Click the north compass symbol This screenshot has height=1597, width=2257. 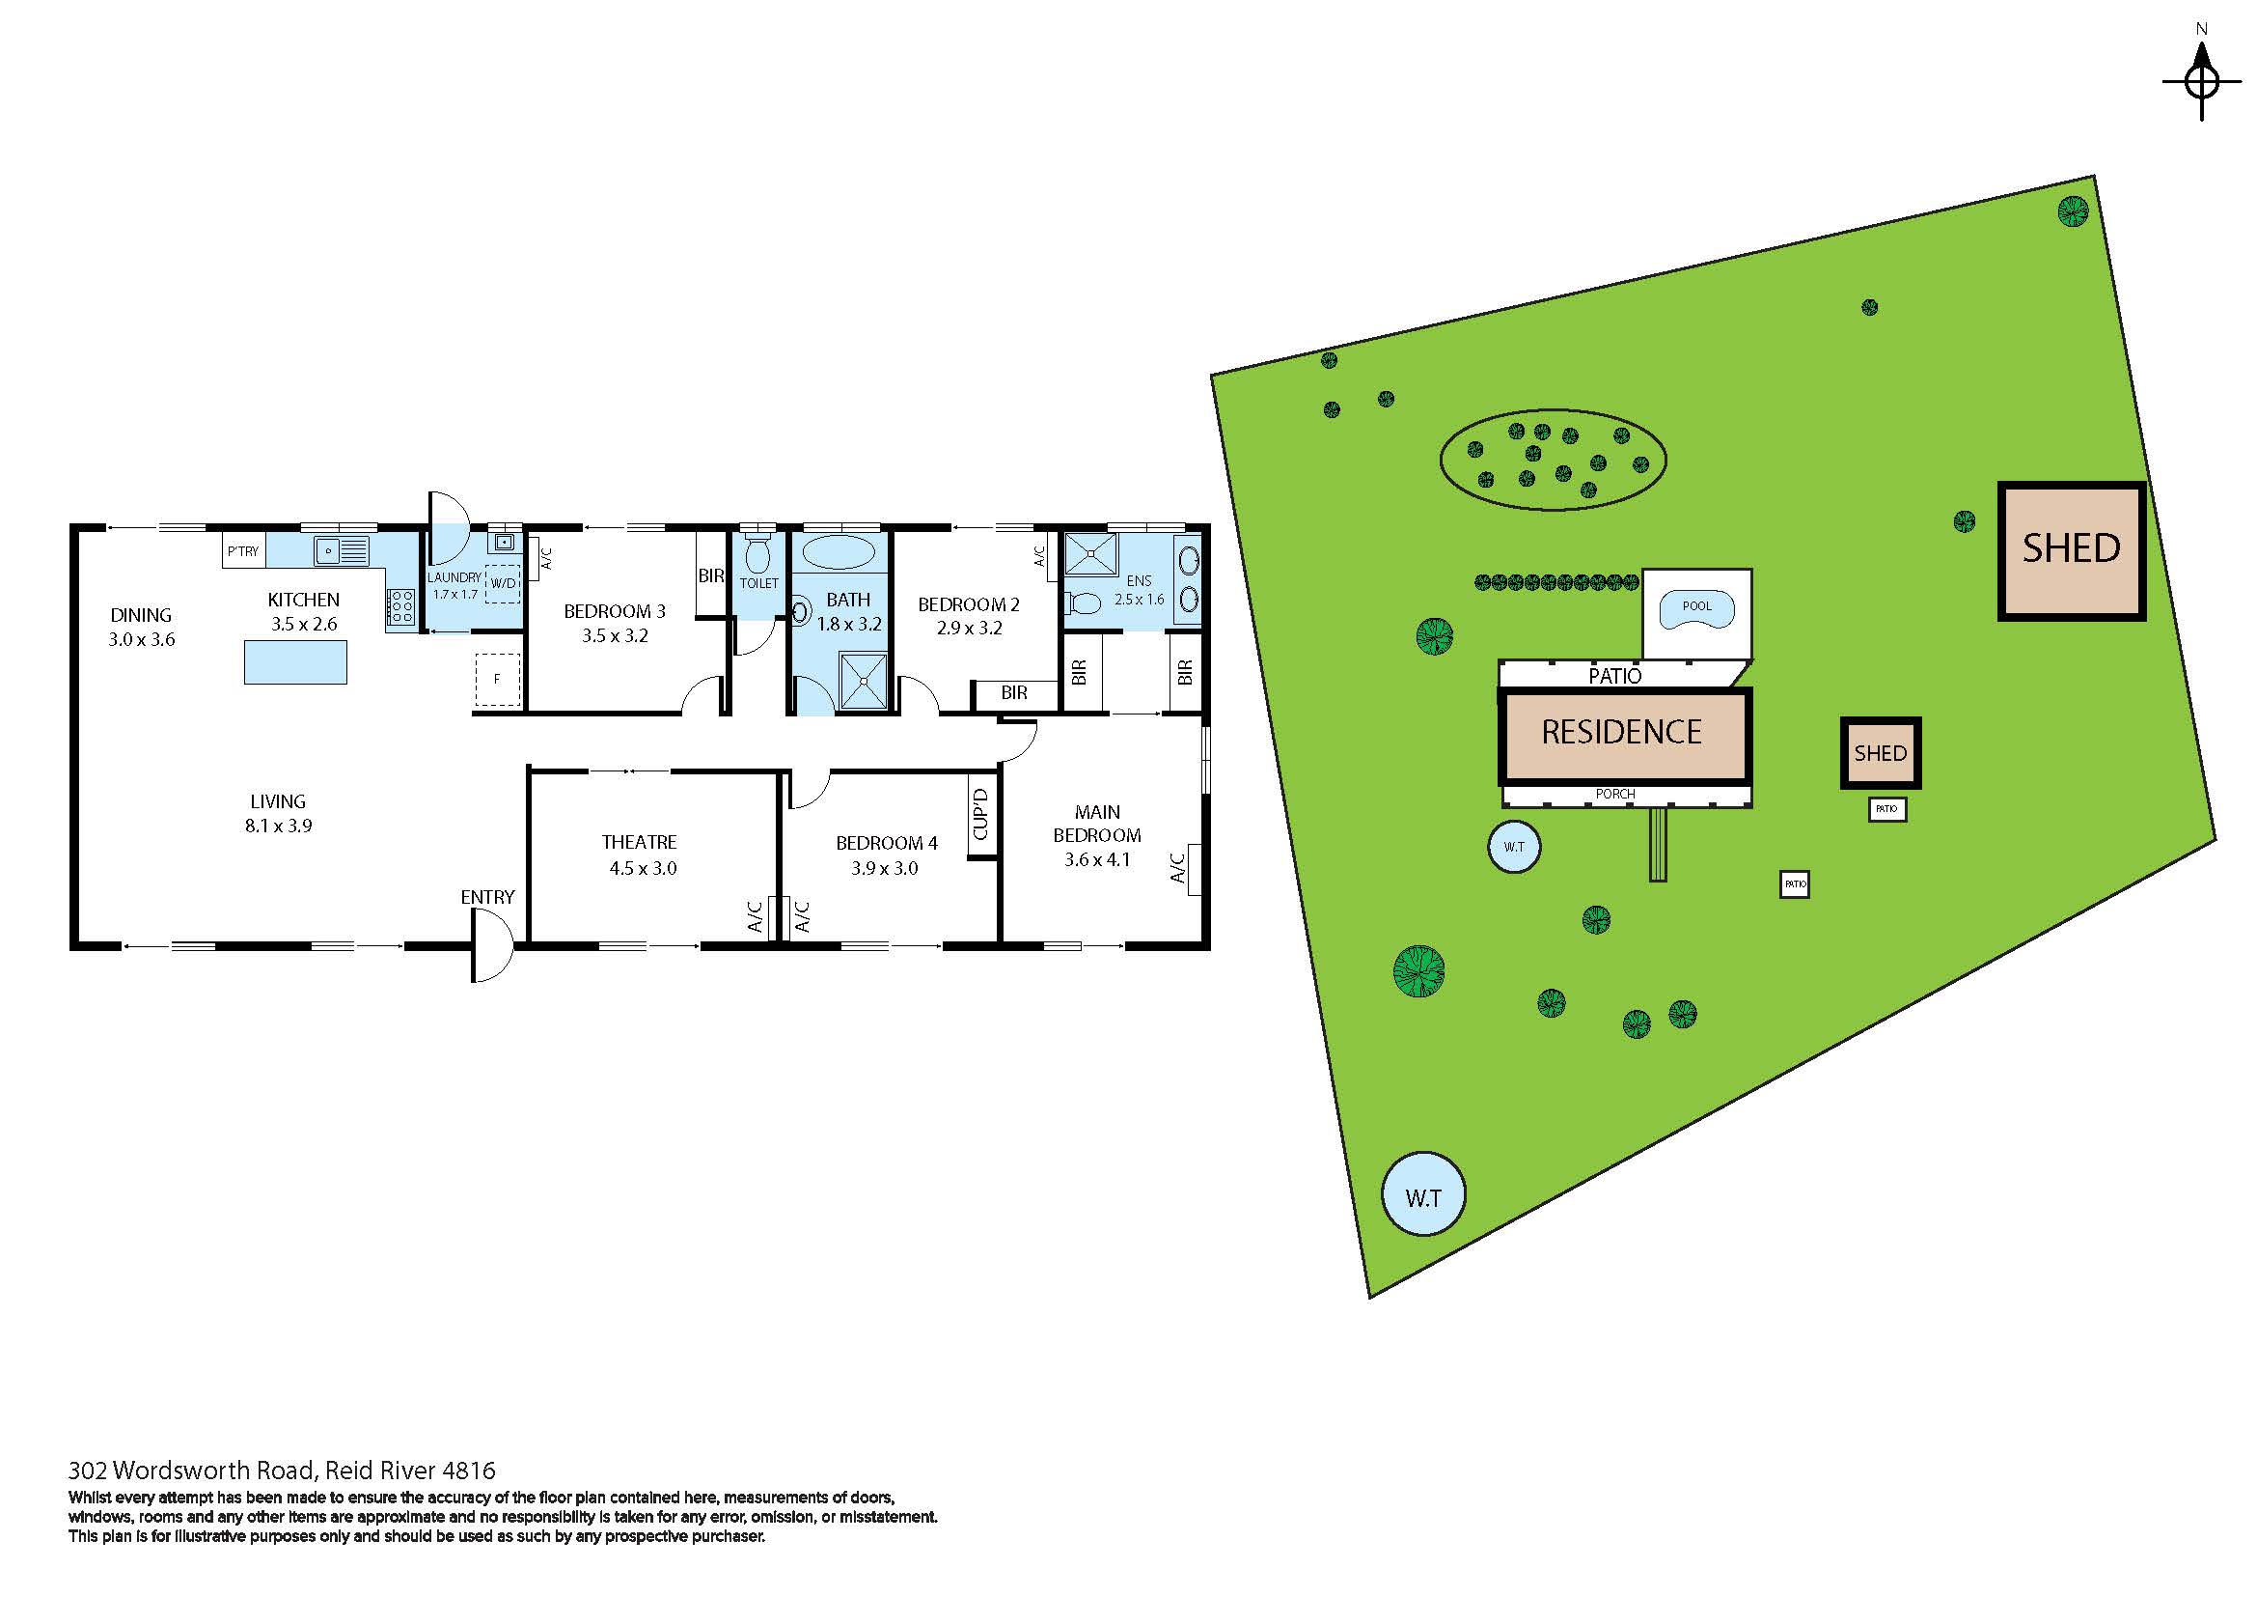[x=2202, y=82]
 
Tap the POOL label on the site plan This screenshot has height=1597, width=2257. [x=1696, y=605]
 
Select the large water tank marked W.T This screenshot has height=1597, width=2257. [x=1423, y=1197]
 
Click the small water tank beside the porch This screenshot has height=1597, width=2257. [x=1514, y=847]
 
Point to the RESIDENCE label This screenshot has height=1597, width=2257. [x=1621, y=733]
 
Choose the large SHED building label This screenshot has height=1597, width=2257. [x=2071, y=548]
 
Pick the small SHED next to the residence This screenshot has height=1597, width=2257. [x=1880, y=753]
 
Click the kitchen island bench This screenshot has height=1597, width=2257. [x=295, y=660]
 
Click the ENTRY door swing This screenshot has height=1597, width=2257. [x=491, y=944]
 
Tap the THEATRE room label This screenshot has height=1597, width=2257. [x=639, y=842]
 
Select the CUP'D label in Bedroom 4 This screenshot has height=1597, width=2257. [x=980, y=815]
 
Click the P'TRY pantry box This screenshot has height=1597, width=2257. [x=243, y=551]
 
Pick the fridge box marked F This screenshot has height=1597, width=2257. [x=497, y=679]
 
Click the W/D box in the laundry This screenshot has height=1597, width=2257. [x=504, y=583]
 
